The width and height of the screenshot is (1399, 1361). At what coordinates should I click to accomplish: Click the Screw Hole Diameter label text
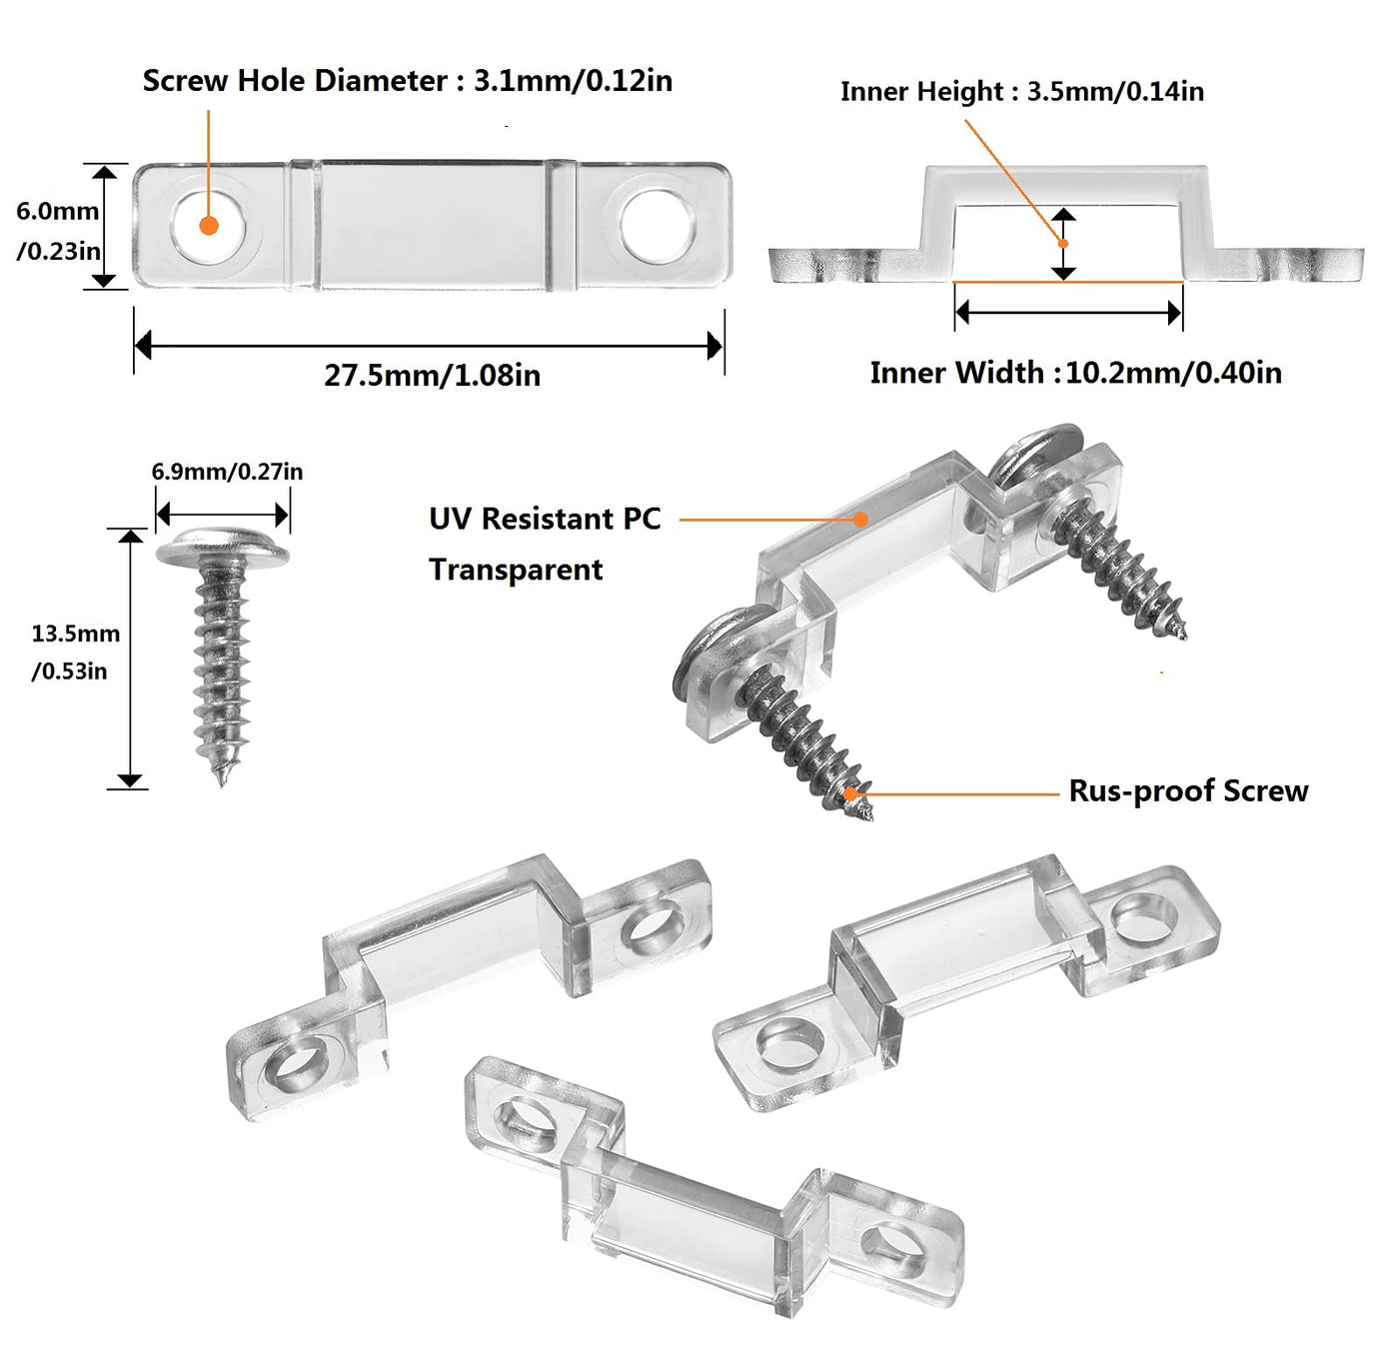(407, 81)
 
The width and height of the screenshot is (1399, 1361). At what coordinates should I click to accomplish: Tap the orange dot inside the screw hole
(209, 226)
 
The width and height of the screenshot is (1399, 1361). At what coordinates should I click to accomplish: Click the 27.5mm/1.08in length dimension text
(432, 376)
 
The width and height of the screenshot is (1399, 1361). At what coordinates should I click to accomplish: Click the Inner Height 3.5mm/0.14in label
(1021, 92)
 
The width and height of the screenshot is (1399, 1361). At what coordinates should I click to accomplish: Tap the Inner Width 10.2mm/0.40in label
(1075, 373)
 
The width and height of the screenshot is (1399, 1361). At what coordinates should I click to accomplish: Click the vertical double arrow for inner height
(1064, 245)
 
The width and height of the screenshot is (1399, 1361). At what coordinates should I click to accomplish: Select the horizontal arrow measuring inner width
(1068, 313)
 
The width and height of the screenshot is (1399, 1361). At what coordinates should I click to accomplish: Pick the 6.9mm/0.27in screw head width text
(227, 472)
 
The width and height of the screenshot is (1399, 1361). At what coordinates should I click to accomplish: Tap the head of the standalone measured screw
(222, 548)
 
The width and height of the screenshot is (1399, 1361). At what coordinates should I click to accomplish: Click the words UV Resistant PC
(545, 520)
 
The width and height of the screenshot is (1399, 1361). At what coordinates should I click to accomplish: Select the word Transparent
(516, 570)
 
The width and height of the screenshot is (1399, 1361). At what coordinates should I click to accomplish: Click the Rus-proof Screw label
(1188, 791)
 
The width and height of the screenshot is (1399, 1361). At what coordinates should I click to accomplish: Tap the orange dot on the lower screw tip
(851, 794)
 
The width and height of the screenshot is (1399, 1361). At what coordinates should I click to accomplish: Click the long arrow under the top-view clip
(429, 347)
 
